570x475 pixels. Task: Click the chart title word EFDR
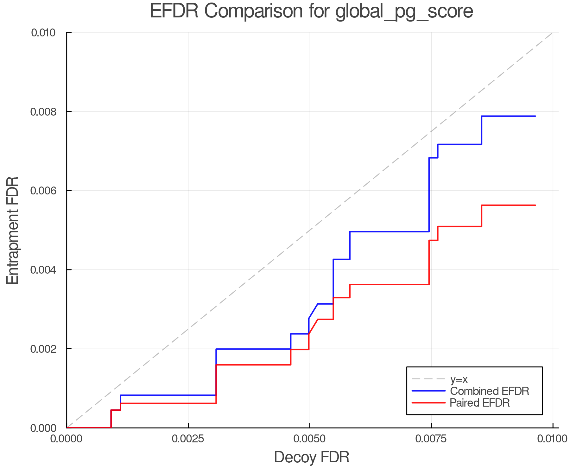point(174,11)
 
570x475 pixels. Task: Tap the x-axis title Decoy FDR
point(312,457)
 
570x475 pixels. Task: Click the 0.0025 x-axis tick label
point(188,439)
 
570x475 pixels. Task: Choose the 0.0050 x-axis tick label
point(310,439)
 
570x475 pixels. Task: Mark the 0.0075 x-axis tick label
point(431,439)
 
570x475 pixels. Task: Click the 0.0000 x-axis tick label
point(67,439)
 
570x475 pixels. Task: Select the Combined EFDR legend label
point(490,391)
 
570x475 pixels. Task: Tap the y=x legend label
point(459,379)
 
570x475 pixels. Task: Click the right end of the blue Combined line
point(535,116)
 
